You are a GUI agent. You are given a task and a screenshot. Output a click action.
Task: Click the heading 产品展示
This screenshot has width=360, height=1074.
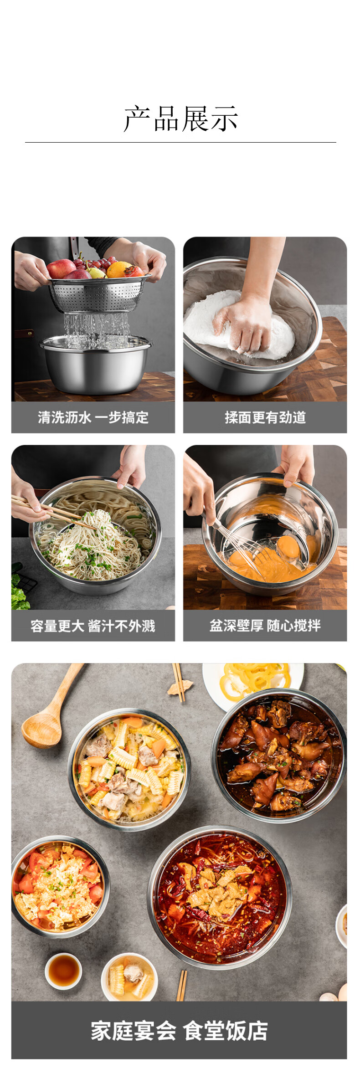[x=180, y=119]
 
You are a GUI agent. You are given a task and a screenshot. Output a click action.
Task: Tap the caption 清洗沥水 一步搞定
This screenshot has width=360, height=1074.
[x=93, y=417]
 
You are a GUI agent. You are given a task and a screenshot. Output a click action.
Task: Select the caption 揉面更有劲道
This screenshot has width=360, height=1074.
[x=265, y=417]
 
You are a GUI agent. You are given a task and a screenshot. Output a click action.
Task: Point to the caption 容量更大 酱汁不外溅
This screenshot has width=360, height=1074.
[x=93, y=626]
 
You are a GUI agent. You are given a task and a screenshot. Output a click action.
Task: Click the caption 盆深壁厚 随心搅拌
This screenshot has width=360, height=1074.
[x=265, y=625]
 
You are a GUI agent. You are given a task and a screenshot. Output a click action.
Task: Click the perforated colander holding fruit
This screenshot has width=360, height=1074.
[x=100, y=293]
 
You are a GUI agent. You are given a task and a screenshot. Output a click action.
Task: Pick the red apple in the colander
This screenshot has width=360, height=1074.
[x=61, y=268]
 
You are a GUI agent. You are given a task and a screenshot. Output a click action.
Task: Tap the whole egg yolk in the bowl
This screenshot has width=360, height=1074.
[x=288, y=546]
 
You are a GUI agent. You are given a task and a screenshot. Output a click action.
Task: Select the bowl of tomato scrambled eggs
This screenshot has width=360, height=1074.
[x=59, y=886]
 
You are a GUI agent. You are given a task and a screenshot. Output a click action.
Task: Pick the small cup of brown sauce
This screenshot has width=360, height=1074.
[x=63, y=971]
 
